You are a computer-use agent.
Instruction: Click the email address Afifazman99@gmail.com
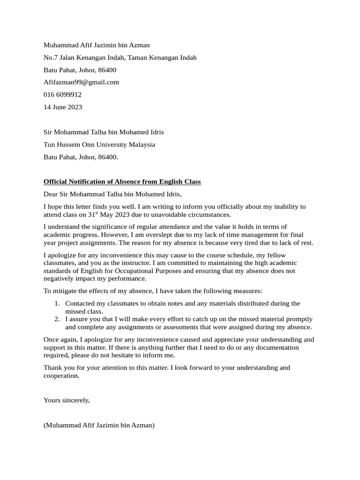point(81,82)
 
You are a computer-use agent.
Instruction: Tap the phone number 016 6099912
point(62,94)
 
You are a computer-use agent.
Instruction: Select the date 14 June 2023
point(63,107)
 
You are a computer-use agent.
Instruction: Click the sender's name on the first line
point(97,45)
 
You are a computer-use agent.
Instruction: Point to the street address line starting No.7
point(120,58)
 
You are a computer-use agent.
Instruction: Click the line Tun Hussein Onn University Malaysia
point(99,144)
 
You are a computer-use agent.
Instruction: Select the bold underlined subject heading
point(122,181)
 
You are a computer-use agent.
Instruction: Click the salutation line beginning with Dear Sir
point(112,194)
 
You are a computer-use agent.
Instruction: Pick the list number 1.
point(56,304)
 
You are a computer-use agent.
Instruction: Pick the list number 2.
point(56,319)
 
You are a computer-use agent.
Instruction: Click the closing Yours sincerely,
point(67,400)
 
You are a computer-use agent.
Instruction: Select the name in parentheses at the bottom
point(99,425)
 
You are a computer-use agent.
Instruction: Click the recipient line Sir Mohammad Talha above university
point(104,132)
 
